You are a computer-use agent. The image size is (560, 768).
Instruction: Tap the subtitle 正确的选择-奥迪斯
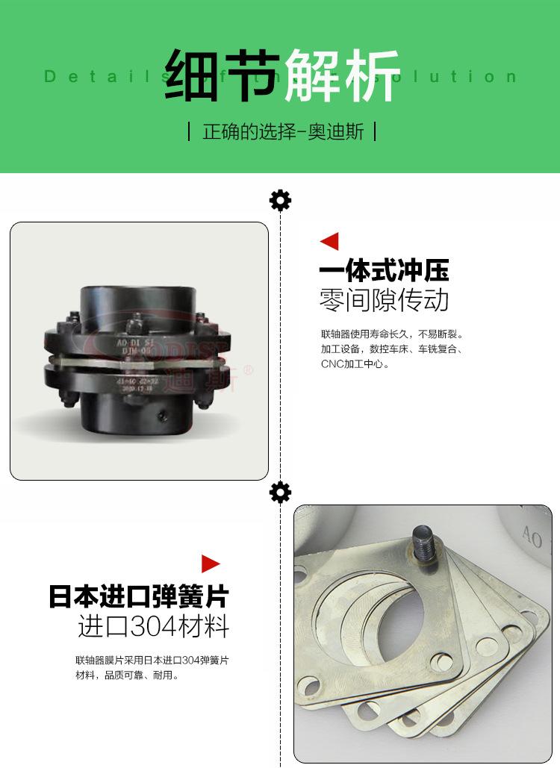tap(283, 132)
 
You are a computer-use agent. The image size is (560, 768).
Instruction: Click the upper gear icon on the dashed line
tap(280, 200)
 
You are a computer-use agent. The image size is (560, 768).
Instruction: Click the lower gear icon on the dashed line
tap(280, 493)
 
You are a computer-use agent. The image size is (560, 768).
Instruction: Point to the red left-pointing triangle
tap(329, 241)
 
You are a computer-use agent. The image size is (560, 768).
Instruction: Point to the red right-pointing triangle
tap(211, 563)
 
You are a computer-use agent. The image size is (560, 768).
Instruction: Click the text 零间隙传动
tap(384, 300)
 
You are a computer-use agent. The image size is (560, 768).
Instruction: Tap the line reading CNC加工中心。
tap(355, 364)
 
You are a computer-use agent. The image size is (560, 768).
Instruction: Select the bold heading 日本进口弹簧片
tap(139, 596)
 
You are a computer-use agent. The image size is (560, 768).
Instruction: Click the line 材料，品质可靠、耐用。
tap(127, 675)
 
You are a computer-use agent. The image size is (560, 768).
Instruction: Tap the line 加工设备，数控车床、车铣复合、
tap(393, 349)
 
